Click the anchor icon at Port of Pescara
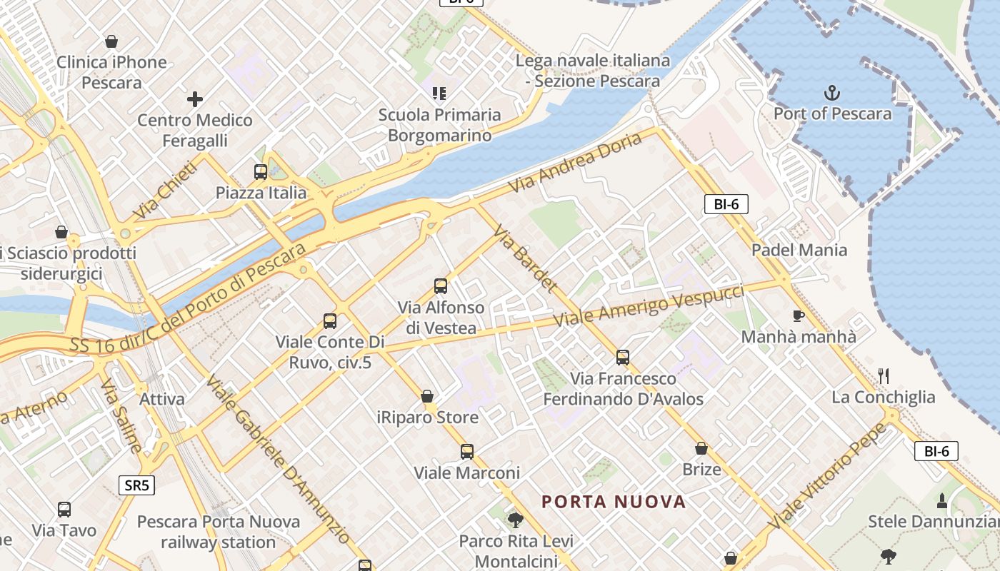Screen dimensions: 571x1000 pos(832,93)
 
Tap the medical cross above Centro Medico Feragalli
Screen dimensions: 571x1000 pos(194,99)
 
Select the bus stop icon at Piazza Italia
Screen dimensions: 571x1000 pos(261,172)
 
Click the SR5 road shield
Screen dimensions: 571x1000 pos(136,486)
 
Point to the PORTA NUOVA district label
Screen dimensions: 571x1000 pos(614,502)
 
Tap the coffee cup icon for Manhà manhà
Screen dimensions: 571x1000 pos(799,315)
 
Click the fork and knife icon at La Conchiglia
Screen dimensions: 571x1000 pos(884,375)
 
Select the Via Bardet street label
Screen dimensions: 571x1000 pos(525,259)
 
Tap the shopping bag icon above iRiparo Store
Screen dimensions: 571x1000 pos(427,396)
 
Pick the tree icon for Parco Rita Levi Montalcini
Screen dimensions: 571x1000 pos(515,520)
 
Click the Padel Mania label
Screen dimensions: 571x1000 pos(799,250)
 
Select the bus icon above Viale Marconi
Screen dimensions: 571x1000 pos(466,452)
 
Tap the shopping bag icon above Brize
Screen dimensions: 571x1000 pos(701,448)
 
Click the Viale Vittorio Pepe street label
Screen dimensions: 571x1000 pos(828,477)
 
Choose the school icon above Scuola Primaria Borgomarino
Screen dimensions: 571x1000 pos(439,94)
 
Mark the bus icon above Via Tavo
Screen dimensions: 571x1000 pos(64,510)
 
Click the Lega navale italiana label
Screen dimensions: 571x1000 pos(593,61)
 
